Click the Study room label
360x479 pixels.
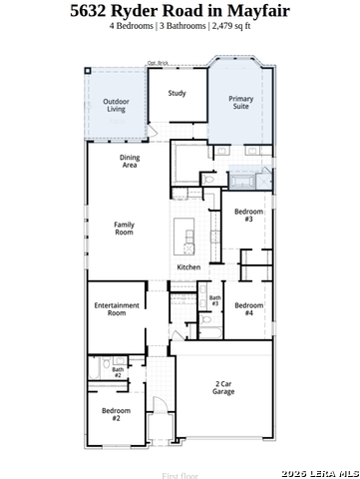click(x=177, y=94)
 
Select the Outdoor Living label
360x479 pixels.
click(x=117, y=104)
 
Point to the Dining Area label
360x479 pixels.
click(x=130, y=162)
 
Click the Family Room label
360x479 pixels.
click(x=124, y=229)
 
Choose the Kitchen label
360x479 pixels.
click(x=188, y=267)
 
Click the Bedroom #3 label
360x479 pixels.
click(x=248, y=216)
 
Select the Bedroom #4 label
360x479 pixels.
click(x=248, y=309)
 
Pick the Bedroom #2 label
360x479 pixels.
click(x=116, y=414)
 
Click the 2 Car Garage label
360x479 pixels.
click(x=223, y=388)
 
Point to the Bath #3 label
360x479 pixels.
click(x=214, y=300)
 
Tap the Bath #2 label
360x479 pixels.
click(x=118, y=372)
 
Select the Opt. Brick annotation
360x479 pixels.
click(x=158, y=63)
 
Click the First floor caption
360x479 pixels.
click(x=180, y=476)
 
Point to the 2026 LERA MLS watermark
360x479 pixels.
click(x=319, y=472)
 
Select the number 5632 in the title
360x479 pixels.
click(x=92, y=11)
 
